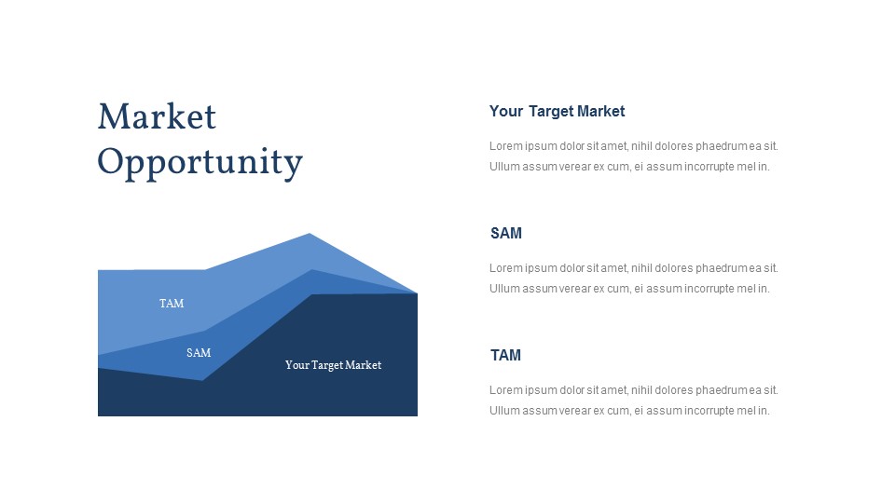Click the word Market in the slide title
click(157, 116)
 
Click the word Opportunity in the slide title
click(200, 162)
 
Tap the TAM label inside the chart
click(172, 304)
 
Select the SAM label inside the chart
click(199, 353)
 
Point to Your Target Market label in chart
click(334, 365)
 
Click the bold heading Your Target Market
click(558, 111)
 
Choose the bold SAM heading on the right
click(506, 233)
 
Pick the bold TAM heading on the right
click(505, 355)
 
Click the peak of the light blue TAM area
click(310, 233)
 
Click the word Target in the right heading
click(551, 111)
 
